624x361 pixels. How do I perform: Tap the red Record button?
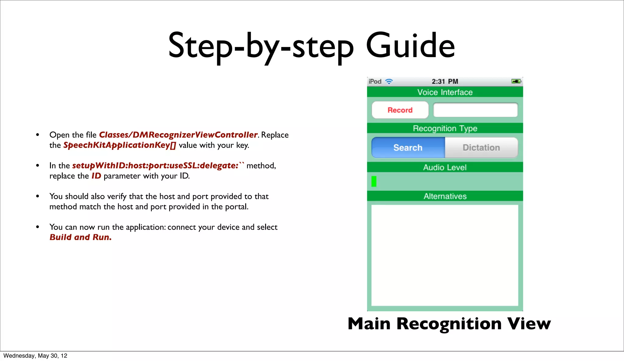(400, 110)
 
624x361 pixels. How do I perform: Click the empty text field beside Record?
(475, 110)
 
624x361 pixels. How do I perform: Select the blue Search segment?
(408, 148)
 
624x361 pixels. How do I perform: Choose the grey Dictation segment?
(481, 148)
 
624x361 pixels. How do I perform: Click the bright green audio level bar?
(374, 181)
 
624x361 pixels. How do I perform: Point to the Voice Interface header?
(445, 92)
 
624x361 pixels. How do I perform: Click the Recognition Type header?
(445, 128)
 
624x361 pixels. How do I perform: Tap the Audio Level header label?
(445, 167)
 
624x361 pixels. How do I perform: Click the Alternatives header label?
(445, 196)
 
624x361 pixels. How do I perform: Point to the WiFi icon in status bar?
(389, 81)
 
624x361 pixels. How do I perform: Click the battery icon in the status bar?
(516, 81)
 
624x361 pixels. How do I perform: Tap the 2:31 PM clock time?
(445, 81)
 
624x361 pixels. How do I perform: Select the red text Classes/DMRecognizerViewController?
(178, 135)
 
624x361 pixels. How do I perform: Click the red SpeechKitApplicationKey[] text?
(119, 145)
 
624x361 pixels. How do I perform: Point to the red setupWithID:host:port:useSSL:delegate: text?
(155, 166)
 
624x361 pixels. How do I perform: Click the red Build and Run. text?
(80, 237)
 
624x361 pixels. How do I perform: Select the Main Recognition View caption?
(449, 323)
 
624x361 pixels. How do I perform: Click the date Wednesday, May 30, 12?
(35, 356)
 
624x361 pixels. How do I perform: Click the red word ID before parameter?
(96, 176)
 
